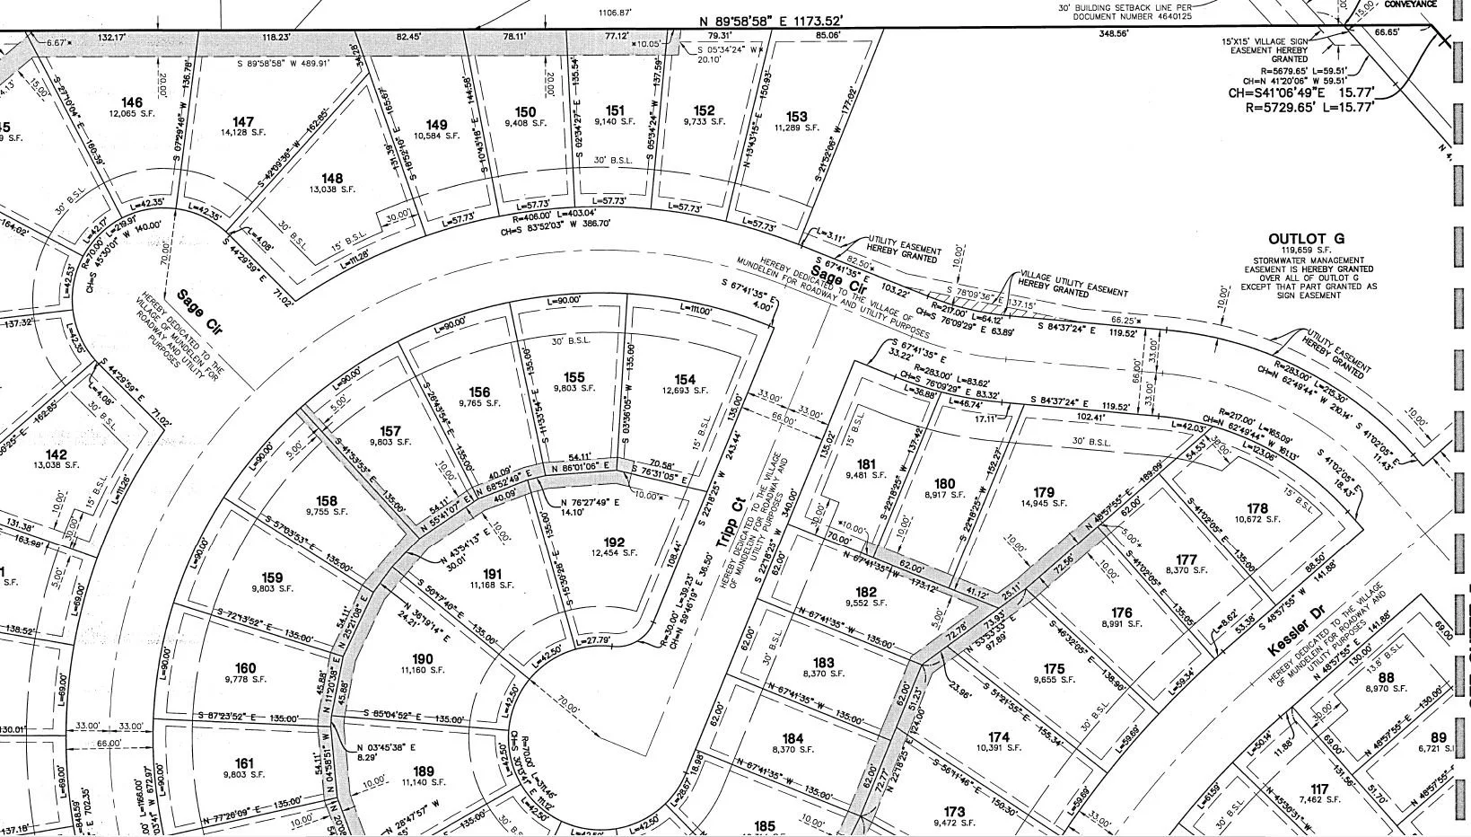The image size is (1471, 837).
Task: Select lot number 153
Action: point(796,116)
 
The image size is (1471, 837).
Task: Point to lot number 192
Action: point(614,542)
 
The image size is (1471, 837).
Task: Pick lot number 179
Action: point(1044,492)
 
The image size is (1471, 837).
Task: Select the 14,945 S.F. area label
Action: point(1044,504)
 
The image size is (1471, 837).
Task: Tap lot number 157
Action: point(390,431)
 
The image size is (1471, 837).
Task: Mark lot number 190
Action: point(422,659)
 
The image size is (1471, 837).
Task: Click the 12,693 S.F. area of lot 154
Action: point(686,391)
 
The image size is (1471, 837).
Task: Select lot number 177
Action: point(1186,559)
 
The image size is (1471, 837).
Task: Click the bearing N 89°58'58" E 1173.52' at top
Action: point(771,21)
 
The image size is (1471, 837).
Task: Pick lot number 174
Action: point(999,737)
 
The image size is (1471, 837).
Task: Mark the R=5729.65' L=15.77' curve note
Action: point(1309,106)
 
